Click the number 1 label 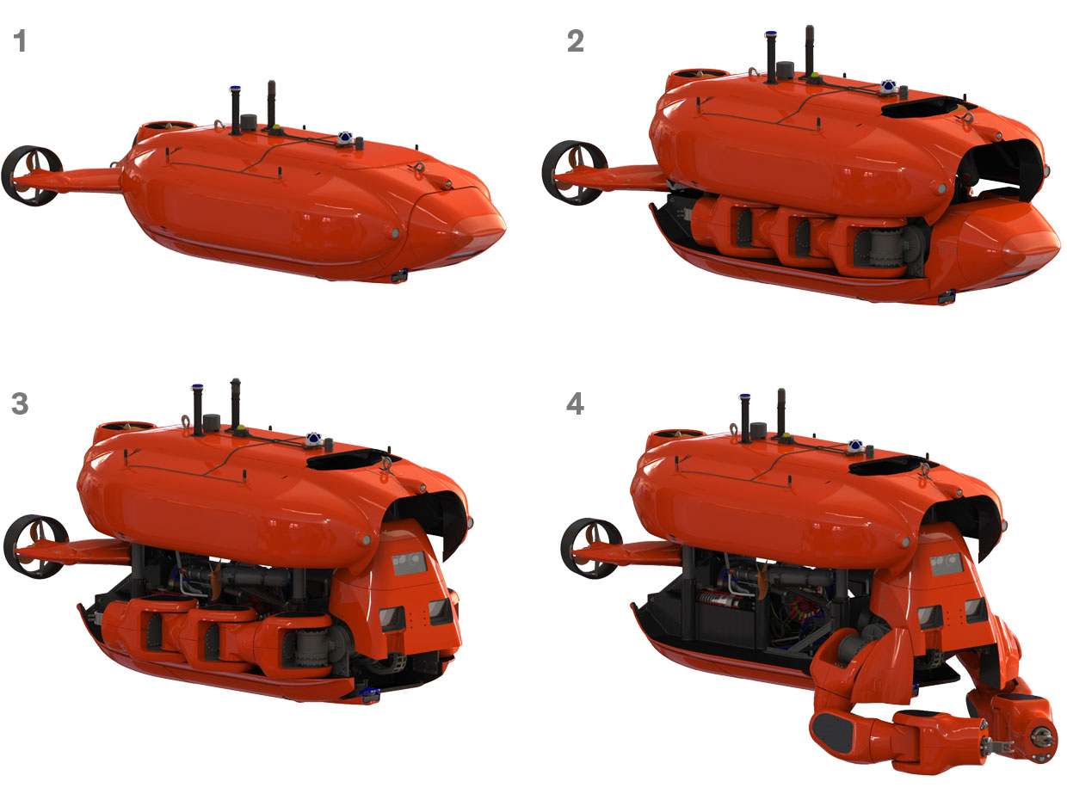point(20,41)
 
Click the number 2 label point(575,41)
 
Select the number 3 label point(20,403)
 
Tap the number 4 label point(575,403)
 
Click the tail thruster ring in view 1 point(32,175)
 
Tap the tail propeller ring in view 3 point(35,546)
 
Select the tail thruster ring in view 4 point(591,547)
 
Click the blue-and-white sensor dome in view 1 point(346,137)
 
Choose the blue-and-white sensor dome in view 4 point(857,446)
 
